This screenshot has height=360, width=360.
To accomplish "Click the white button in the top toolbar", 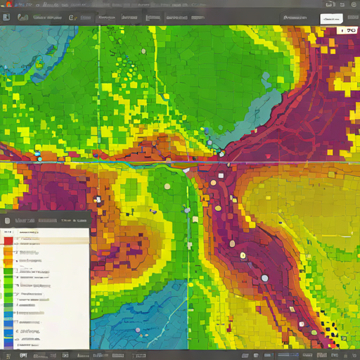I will (330, 19).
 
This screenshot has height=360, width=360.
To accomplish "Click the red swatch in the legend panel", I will (8, 240).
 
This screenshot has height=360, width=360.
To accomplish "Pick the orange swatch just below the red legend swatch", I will (8, 251).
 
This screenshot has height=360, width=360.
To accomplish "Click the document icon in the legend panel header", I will (7, 220).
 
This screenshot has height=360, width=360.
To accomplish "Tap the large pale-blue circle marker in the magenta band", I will (264, 278).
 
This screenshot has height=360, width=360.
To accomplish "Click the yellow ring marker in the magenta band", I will (243, 255).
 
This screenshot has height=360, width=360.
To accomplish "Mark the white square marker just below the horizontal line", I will (221, 175).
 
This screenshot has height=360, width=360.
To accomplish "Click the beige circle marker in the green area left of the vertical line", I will (167, 186).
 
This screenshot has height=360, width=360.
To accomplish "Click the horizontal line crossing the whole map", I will (105, 163).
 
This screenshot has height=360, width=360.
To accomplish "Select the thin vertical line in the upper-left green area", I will (99, 70).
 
